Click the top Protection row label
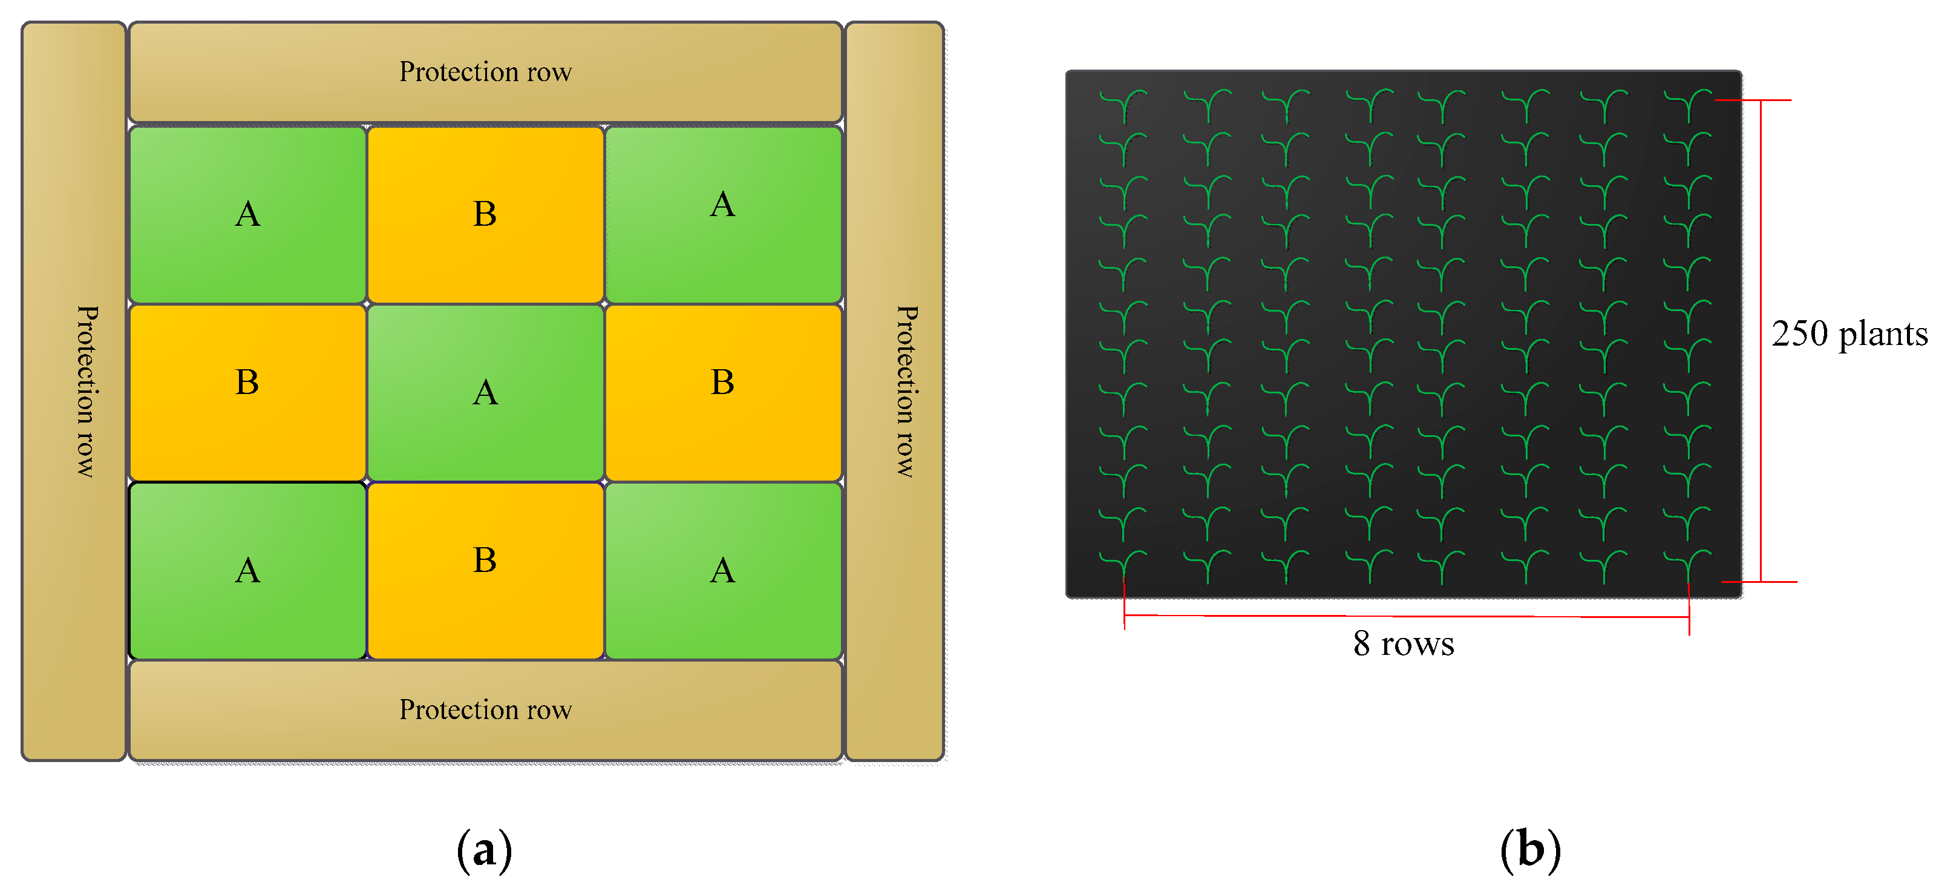click(485, 72)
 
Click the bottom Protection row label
click(485, 709)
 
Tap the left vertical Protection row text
click(87, 391)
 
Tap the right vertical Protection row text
click(906, 391)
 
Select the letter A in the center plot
click(485, 392)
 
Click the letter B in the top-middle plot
click(485, 214)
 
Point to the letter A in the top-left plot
click(247, 214)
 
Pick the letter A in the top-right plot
click(722, 204)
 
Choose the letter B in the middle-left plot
click(247, 382)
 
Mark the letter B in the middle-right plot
click(722, 382)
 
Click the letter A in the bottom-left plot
click(247, 570)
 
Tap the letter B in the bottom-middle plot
click(485, 560)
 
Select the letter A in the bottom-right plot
click(722, 570)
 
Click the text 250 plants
click(1849, 334)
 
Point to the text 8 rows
click(1403, 644)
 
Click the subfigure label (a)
click(484, 850)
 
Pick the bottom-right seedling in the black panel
click(1689, 567)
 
